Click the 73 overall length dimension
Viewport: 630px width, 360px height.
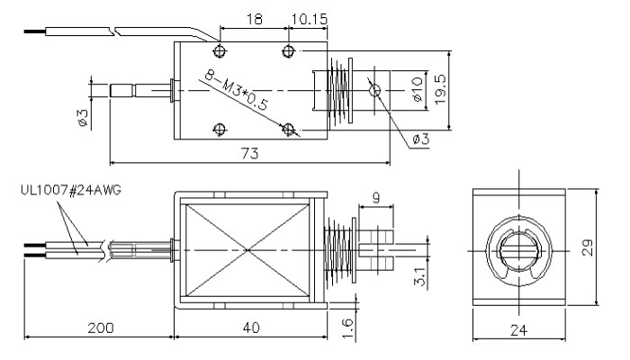[249, 154]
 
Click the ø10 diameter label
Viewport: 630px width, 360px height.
[416, 89]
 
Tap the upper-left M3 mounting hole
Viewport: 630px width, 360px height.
[219, 49]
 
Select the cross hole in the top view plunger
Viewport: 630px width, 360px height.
[375, 89]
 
